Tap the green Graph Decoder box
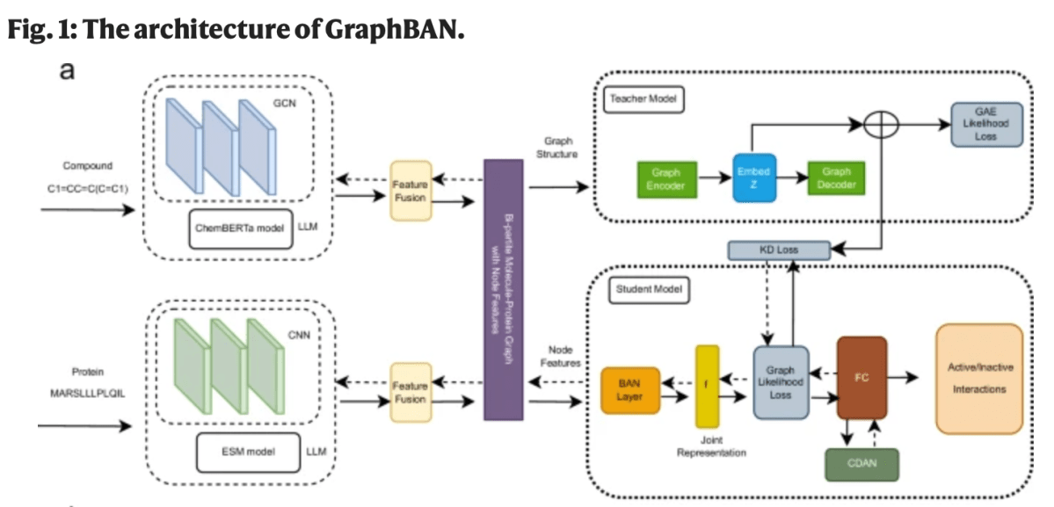click(836, 178)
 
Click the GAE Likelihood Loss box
click(985, 128)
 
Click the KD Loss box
click(779, 250)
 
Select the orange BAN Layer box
click(629, 390)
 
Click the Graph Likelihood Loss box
click(781, 381)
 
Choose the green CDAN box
click(861, 464)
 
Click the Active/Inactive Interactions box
click(979, 379)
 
